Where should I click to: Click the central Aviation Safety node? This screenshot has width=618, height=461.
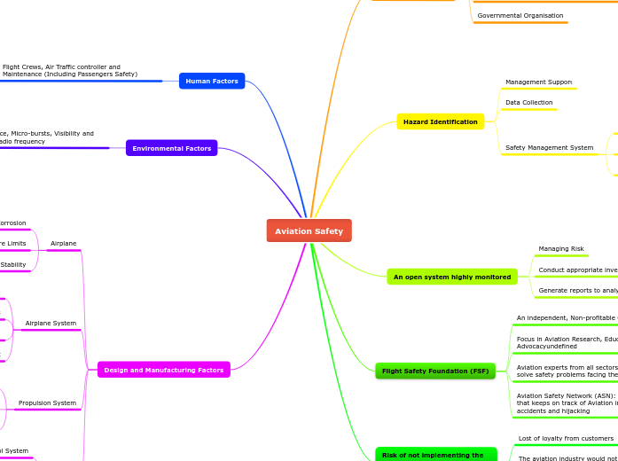click(x=309, y=230)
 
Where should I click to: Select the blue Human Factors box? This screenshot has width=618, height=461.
click(x=211, y=81)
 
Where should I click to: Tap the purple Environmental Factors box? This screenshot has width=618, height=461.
click(x=171, y=148)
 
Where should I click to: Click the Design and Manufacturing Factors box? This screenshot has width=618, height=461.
click(x=163, y=370)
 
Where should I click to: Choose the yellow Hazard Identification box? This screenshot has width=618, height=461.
click(x=440, y=121)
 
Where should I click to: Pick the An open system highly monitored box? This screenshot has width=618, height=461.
click(x=451, y=277)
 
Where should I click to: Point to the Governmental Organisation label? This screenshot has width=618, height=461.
click(x=520, y=16)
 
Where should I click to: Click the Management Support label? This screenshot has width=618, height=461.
click(x=538, y=82)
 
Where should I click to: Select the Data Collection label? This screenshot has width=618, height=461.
click(x=528, y=103)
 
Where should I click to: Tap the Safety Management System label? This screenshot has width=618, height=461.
click(x=549, y=147)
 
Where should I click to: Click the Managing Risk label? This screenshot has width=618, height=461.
click(x=560, y=249)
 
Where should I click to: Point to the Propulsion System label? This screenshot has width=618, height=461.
click(x=47, y=403)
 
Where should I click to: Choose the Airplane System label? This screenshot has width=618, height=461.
click(x=51, y=324)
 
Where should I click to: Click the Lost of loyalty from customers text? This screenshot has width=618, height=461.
click(x=566, y=439)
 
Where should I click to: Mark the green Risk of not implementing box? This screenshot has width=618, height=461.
click(x=434, y=455)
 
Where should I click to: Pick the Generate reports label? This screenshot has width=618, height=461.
click(x=577, y=291)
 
